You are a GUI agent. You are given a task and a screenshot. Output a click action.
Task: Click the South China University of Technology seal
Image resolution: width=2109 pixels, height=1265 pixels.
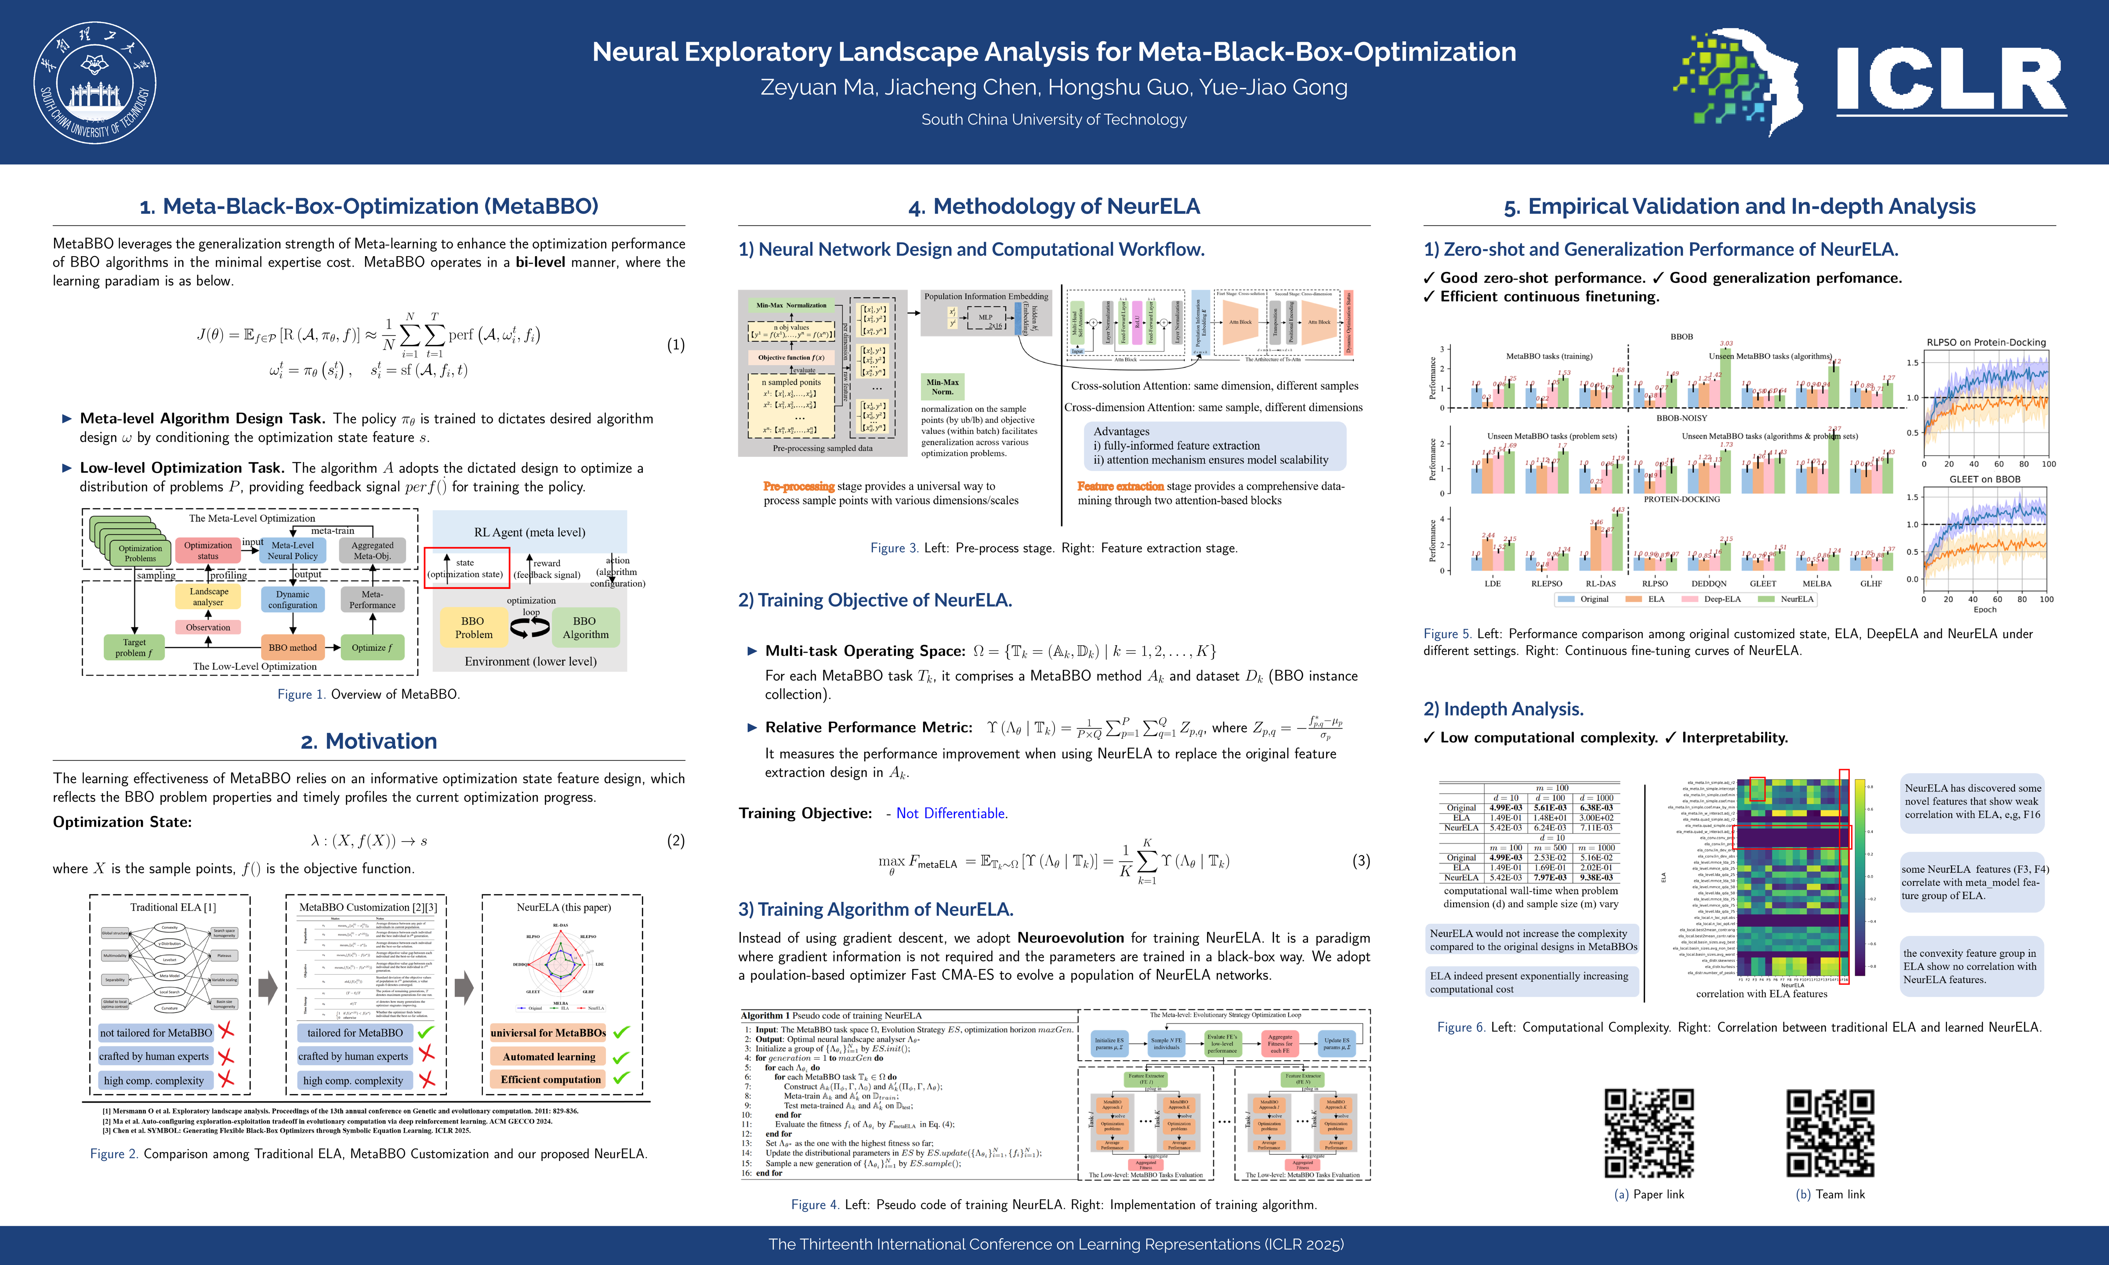[x=94, y=83]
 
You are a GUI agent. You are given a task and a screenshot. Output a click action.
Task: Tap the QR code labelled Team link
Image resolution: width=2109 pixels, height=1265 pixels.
[x=1830, y=1133]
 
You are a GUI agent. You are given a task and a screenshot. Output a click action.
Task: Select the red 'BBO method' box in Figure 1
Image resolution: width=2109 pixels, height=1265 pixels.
[x=292, y=647]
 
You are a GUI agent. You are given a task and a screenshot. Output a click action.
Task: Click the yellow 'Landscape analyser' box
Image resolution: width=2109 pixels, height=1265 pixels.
[x=208, y=596]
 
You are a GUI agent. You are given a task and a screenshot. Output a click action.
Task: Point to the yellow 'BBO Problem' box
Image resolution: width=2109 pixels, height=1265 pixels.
[x=473, y=627]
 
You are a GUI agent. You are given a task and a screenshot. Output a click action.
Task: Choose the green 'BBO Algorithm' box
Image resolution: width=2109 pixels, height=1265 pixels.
[x=585, y=627]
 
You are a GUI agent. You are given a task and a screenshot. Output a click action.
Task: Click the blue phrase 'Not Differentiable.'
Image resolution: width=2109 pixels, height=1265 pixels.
[x=951, y=813]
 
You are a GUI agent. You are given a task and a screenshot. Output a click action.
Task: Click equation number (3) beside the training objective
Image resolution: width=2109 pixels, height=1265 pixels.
[x=1361, y=861]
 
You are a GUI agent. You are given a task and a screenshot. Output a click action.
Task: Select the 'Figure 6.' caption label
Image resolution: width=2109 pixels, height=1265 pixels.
[x=1461, y=1027]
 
